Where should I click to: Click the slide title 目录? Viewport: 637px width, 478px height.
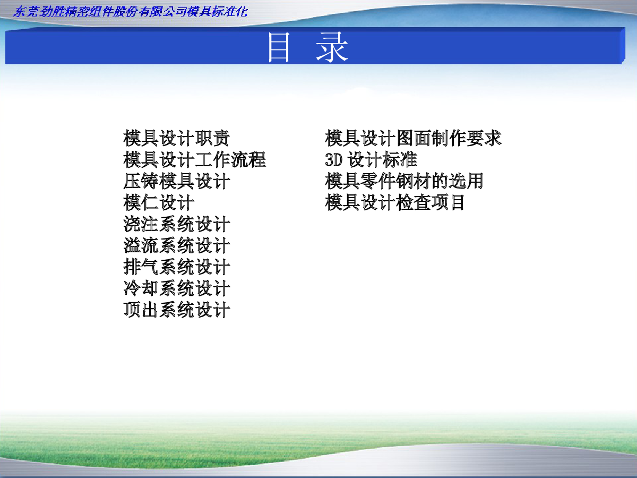coord(308,47)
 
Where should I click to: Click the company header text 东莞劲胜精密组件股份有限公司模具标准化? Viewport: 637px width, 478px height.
coord(130,12)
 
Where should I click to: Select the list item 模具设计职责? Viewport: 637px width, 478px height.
coord(176,138)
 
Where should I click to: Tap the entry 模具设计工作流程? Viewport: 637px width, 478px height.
coord(194,160)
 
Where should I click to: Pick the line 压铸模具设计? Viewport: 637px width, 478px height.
coord(176,181)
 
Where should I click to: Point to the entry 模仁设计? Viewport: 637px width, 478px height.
coord(159,202)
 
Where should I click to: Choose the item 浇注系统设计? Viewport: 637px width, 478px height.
coord(176,224)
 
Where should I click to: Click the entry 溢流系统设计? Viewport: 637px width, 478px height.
coord(176,245)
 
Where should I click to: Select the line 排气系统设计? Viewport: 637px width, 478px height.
coord(176,267)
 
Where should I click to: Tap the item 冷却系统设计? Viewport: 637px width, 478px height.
coord(176,288)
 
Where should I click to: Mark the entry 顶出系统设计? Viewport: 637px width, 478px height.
coord(176,310)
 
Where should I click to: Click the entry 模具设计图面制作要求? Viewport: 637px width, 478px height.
coord(413,138)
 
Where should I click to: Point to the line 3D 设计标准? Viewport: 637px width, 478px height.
coord(371,160)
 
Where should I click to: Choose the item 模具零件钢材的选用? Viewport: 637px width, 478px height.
coord(404,181)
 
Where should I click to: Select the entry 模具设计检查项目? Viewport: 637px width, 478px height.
coord(395,202)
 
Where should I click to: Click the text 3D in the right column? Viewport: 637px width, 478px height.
coord(334,160)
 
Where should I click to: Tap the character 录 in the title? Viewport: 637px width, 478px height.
coord(332,47)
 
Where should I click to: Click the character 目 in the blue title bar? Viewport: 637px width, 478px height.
coord(279,47)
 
